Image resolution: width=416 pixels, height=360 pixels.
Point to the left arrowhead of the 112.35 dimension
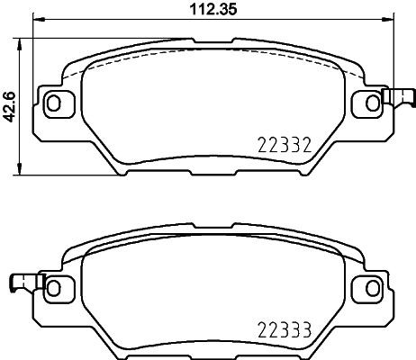click(x=37, y=23)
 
